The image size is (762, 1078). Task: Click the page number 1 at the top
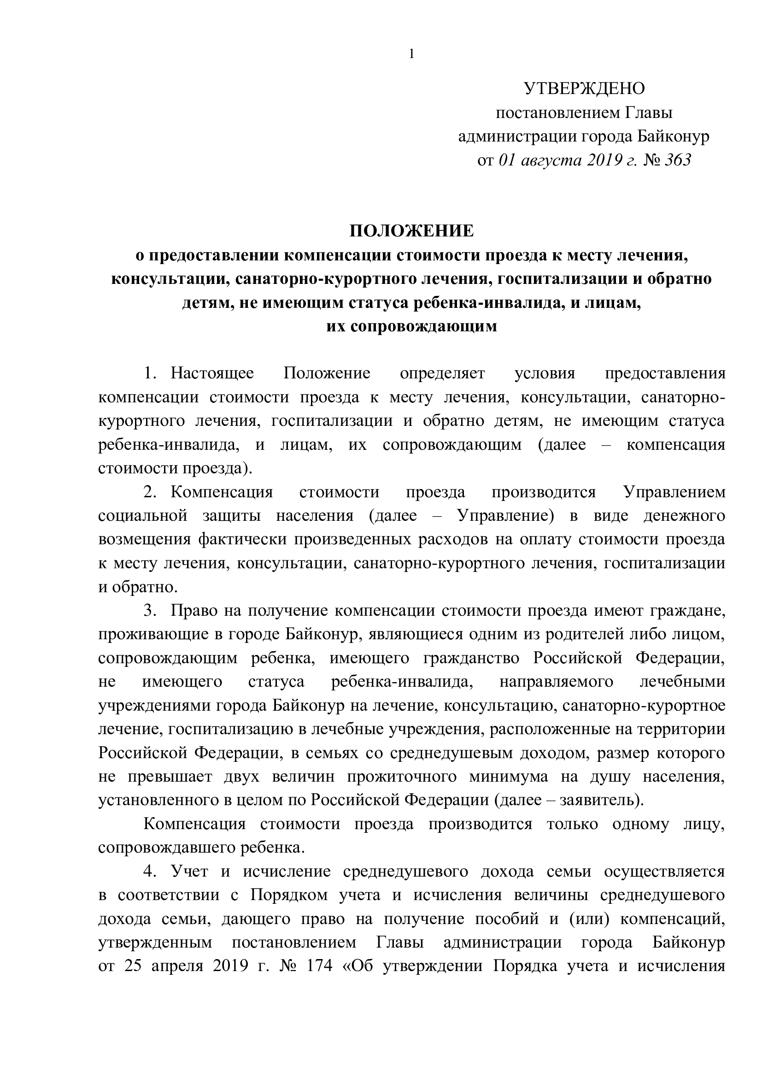(x=411, y=54)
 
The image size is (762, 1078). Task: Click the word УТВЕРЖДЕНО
(x=584, y=88)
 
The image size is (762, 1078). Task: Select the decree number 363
(x=678, y=160)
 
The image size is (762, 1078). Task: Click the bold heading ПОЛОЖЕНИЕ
(x=411, y=231)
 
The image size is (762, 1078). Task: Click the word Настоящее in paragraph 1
(x=212, y=373)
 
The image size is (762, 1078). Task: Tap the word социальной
(x=143, y=516)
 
